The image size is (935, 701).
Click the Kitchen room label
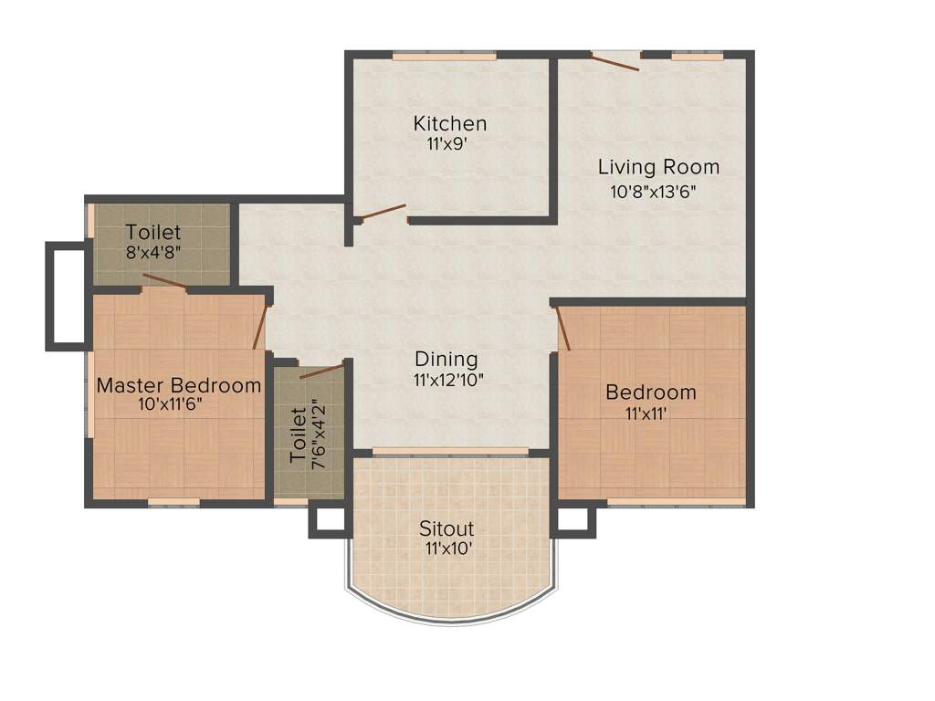(x=449, y=123)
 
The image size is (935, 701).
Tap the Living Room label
(x=658, y=167)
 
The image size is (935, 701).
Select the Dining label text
(x=446, y=359)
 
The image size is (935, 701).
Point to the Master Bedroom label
(x=179, y=385)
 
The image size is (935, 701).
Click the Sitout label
(x=446, y=528)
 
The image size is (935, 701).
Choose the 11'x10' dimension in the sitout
(x=447, y=549)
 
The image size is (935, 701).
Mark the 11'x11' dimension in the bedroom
(x=651, y=413)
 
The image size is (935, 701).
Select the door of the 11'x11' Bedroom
(x=563, y=329)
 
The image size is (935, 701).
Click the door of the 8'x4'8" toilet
(x=165, y=281)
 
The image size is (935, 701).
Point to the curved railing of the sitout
(x=451, y=619)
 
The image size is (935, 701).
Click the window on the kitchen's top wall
(x=445, y=56)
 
